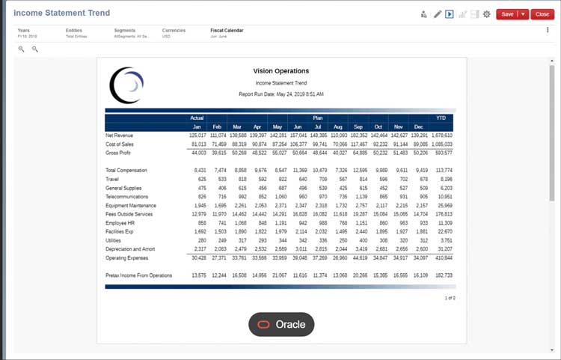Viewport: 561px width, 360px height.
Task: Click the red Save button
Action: click(x=507, y=14)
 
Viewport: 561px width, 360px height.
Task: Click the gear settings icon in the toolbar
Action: click(x=487, y=14)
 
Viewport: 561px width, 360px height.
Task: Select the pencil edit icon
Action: click(x=438, y=14)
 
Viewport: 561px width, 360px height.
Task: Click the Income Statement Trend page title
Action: click(x=62, y=13)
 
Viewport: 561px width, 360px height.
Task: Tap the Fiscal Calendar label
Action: click(x=227, y=31)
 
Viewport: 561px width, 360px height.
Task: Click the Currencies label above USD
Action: click(x=174, y=31)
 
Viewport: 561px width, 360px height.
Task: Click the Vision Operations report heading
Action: click(x=280, y=71)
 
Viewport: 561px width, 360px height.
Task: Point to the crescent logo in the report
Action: click(x=126, y=85)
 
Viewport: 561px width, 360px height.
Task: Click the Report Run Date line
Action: click(x=280, y=94)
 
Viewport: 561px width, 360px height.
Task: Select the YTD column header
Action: click(x=441, y=118)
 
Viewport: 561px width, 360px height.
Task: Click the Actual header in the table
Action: click(x=197, y=118)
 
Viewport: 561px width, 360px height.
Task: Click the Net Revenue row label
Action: click(x=120, y=135)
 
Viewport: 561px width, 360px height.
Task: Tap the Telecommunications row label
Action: click(x=127, y=196)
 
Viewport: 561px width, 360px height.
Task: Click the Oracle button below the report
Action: click(x=281, y=324)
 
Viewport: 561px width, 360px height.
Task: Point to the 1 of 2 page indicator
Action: click(x=450, y=298)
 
